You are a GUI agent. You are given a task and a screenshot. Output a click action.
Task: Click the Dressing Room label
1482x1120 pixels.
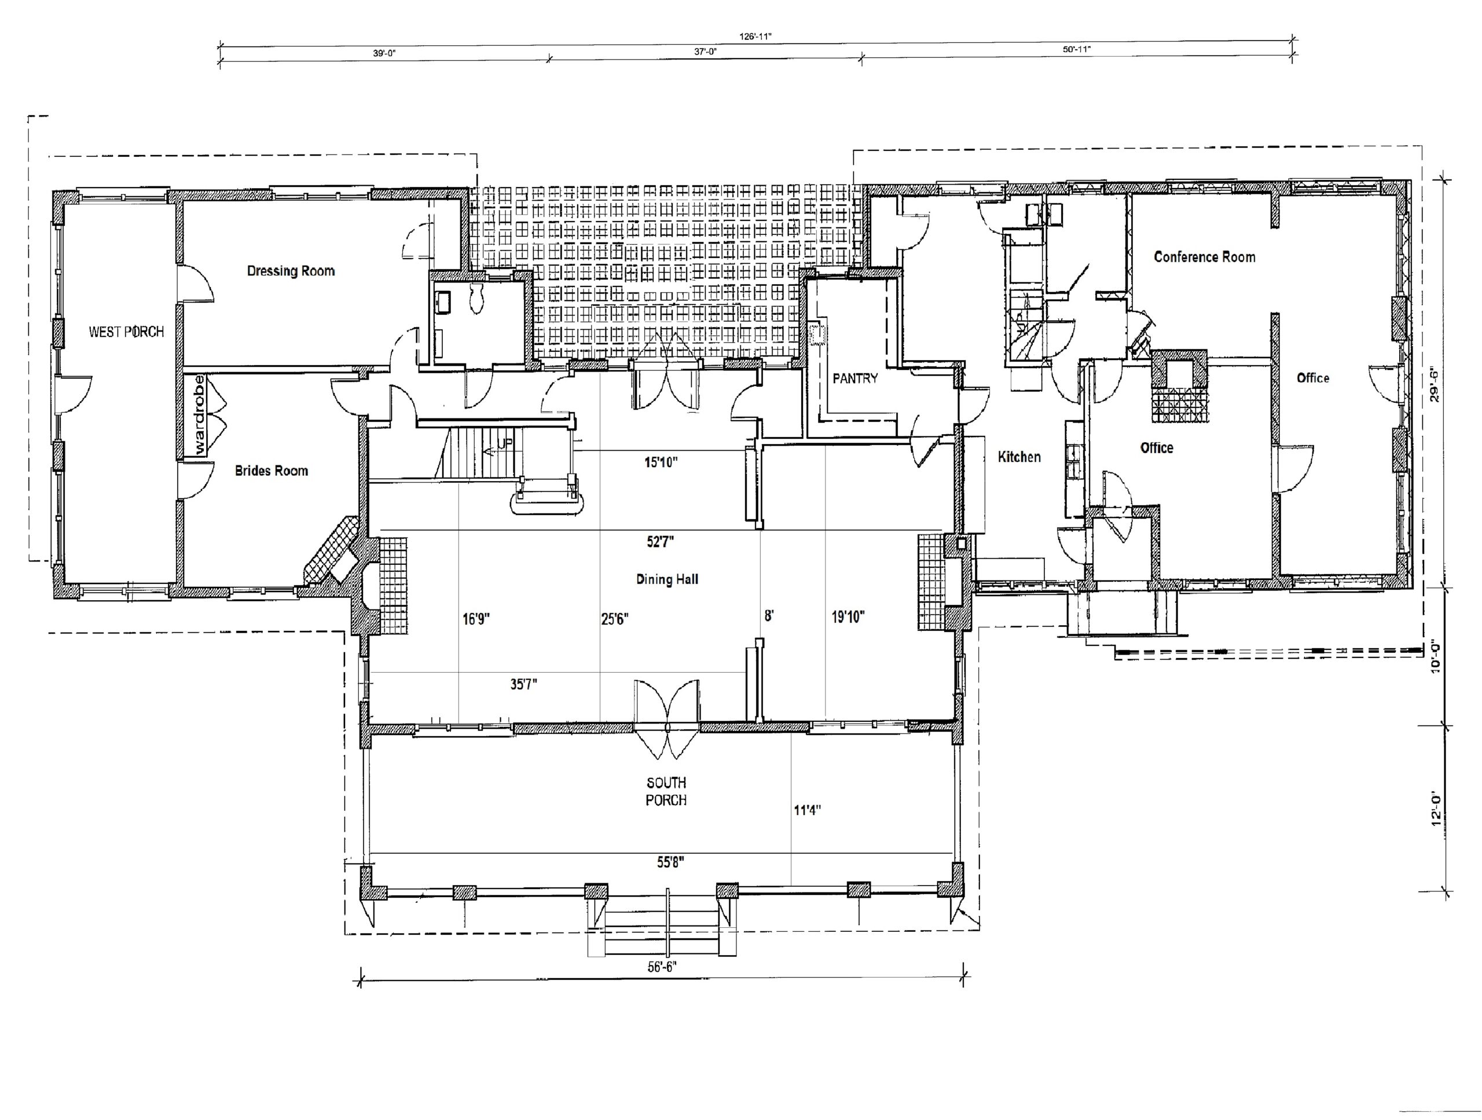(x=291, y=271)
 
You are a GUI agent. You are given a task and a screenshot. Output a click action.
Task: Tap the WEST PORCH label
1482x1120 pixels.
(x=126, y=332)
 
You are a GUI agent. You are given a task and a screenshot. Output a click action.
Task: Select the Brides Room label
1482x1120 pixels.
(x=272, y=471)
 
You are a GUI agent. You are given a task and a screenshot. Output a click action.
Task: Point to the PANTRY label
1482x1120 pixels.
(x=855, y=379)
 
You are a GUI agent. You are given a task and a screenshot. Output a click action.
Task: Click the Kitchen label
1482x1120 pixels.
(x=1019, y=457)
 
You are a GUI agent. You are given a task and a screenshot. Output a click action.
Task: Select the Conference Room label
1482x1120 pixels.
(x=1204, y=256)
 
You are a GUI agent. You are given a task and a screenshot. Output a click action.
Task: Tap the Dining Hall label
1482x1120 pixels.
(x=667, y=579)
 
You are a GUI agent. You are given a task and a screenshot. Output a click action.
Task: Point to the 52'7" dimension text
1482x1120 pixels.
(x=660, y=542)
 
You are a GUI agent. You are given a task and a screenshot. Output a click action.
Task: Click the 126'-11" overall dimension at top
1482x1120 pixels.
(x=755, y=37)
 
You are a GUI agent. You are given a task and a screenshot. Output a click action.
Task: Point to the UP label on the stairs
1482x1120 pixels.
(x=504, y=444)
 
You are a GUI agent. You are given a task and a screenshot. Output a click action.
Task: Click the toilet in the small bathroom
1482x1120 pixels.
(x=477, y=299)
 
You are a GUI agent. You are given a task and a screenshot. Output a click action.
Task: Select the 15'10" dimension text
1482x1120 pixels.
(x=661, y=461)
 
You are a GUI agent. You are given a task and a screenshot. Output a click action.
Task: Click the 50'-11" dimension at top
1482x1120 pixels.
(x=1077, y=49)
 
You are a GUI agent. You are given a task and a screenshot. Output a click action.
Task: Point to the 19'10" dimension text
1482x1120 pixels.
(x=848, y=617)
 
